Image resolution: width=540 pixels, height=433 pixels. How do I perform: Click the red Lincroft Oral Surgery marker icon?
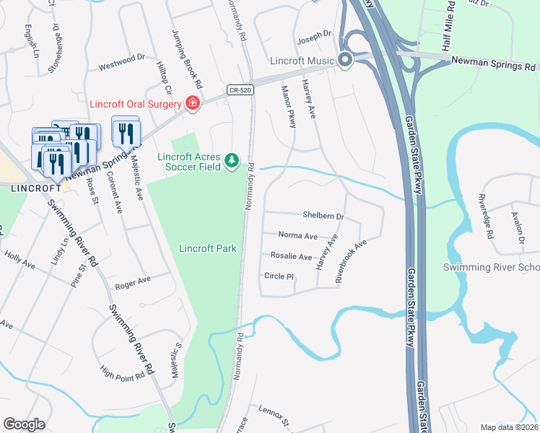tap(193, 104)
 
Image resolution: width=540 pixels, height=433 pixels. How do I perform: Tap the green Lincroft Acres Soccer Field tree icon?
tap(232, 160)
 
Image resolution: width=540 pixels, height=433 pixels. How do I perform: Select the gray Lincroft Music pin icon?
tap(345, 60)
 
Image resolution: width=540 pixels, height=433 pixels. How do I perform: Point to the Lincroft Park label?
tap(208, 248)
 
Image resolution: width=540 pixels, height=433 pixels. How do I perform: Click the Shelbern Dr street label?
tap(323, 216)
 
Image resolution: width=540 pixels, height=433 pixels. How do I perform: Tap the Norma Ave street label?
tap(298, 236)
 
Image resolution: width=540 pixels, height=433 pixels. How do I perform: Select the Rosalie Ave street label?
tap(291, 256)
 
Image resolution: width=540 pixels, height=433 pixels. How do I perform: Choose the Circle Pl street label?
tap(279, 276)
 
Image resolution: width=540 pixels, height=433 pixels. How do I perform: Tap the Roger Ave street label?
tap(132, 279)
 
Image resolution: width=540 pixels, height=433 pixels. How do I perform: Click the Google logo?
tap(24, 424)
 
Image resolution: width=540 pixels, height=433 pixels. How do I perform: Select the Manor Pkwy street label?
tap(288, 106)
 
